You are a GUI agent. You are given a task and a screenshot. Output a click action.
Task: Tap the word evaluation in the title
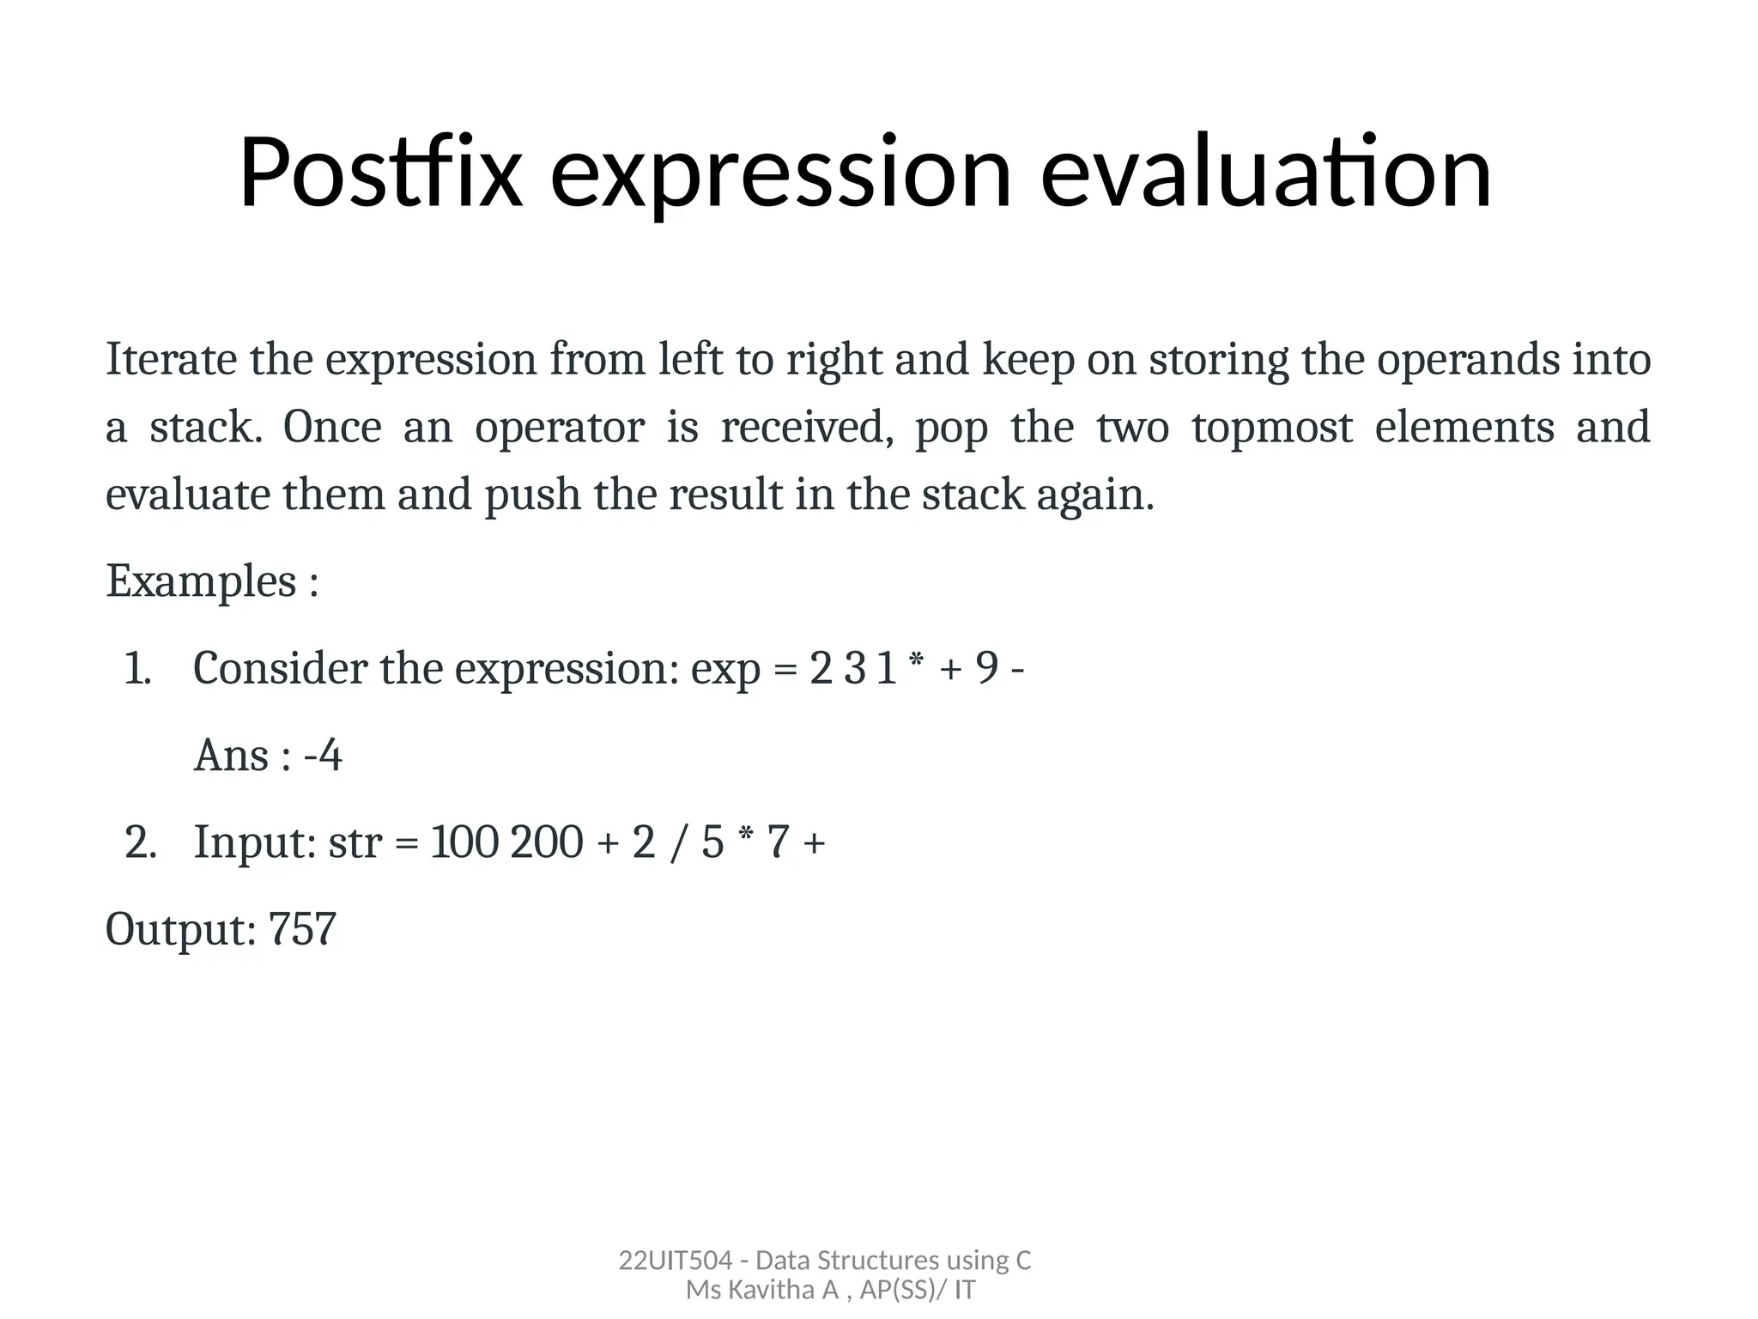[1266, 173]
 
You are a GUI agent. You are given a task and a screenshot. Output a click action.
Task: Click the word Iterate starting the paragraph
[171, 359]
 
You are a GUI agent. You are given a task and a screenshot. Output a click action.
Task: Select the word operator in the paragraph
[559, 428]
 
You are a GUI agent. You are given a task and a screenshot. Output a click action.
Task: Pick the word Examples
[201, 581]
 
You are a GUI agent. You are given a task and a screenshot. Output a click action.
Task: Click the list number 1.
[137, 669]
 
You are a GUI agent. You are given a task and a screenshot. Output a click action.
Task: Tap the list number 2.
[140, 842]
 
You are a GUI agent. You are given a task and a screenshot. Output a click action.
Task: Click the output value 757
[302, 929]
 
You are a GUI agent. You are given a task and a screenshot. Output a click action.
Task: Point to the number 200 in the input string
[547, 842]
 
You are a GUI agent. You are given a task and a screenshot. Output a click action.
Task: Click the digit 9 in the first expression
[987, 669]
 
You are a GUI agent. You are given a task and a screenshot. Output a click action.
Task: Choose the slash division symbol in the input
[678, 842]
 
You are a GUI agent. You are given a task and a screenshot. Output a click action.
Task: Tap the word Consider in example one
[280, 669]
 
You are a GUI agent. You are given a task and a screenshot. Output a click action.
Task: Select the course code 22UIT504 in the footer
[675, 1261]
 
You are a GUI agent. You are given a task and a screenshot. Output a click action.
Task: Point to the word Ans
[231, 757]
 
